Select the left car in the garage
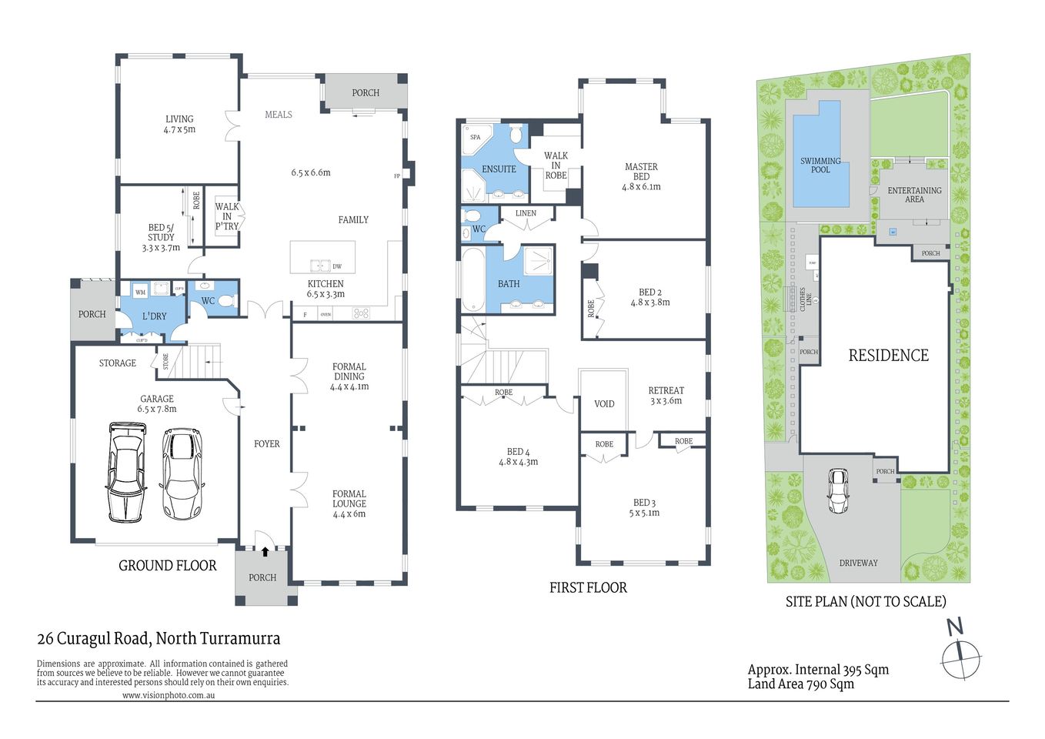coord(126,471)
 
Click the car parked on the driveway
coord(838,491)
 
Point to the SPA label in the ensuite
coord(476,138)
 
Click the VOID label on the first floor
coord(604,404)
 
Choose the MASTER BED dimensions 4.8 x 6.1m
coord(641,187)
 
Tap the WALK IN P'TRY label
coord(227,216)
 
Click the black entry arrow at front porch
coord(265,551)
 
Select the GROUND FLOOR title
coord(167,566)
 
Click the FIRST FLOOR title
coord(588,588)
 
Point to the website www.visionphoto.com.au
coord(168,695)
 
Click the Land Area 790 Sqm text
coord(800,684)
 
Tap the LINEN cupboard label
coord(526,213)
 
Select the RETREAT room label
coord(666,391)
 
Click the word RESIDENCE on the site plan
coord(888,356)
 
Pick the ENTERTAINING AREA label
coord(914,195)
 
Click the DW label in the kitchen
coord(337,267)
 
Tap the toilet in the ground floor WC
coord(225,301)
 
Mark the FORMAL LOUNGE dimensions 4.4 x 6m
coord(349,514)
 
